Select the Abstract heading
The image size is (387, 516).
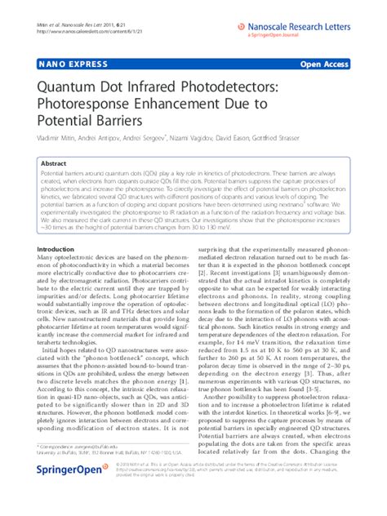pyautogui.click(x=55, y=162)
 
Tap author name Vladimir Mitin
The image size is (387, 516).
pyautogui.click(x=56, y=139)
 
